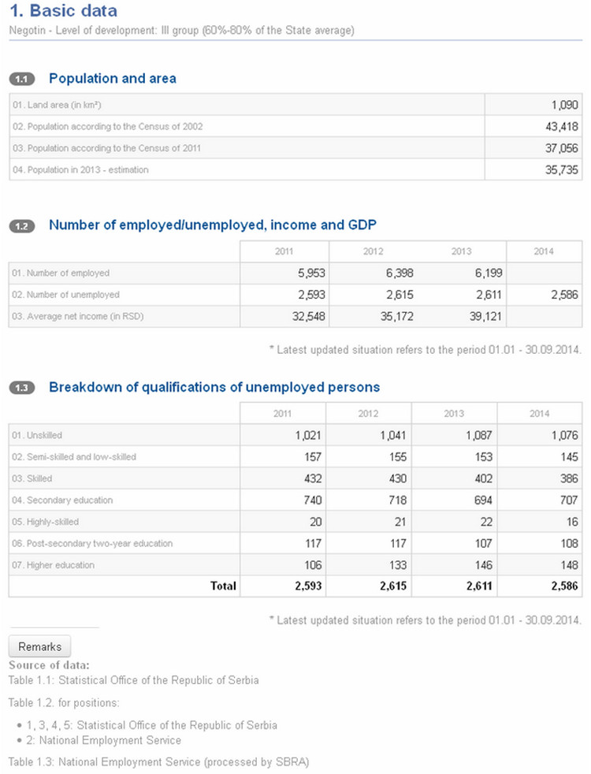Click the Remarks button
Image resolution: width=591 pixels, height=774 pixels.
(39, 646)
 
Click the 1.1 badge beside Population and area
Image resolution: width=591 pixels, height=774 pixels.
(22, 79)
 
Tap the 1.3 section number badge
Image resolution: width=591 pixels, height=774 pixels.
(22, 388)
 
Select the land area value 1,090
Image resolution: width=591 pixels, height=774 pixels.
(564, 105)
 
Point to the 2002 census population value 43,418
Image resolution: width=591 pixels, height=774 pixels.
(561, 126)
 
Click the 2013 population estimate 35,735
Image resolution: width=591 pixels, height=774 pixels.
(561, 169)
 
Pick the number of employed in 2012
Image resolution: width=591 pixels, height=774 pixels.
(400, 273)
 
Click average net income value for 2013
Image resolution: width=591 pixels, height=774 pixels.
(485, 316)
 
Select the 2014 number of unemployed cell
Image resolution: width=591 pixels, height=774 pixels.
(564, 295)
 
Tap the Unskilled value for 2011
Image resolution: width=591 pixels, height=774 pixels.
(308, 435)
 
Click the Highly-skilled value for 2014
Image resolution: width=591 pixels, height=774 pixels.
(572, 522)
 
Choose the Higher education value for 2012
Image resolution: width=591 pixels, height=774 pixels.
(398, 565)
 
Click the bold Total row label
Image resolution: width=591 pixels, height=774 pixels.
(224, 586)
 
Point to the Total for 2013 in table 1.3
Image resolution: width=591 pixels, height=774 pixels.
(479, 586)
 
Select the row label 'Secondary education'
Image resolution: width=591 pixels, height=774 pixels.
(62, 500)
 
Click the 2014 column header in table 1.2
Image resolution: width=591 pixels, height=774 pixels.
(544, 251)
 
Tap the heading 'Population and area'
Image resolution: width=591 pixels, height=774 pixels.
(113, 79)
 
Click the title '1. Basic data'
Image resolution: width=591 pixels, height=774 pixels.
(63, 10)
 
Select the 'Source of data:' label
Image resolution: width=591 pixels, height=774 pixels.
(49, 665)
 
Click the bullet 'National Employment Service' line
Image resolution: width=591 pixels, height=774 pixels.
(110, 740)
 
